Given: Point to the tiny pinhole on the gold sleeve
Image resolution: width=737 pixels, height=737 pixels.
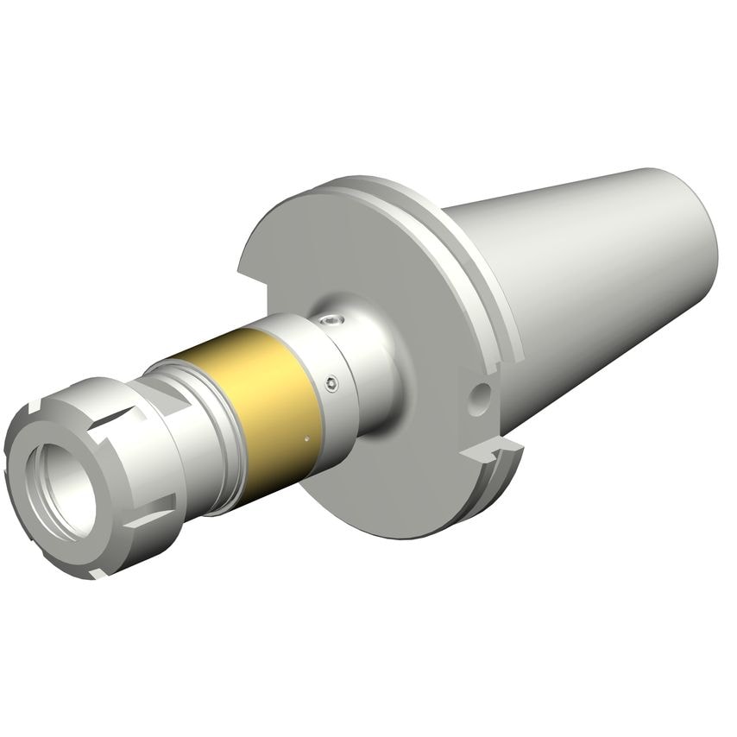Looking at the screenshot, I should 306,438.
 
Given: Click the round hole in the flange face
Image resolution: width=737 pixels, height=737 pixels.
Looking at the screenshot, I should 480,396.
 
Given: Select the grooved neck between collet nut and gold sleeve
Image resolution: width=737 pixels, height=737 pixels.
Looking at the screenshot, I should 194,431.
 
